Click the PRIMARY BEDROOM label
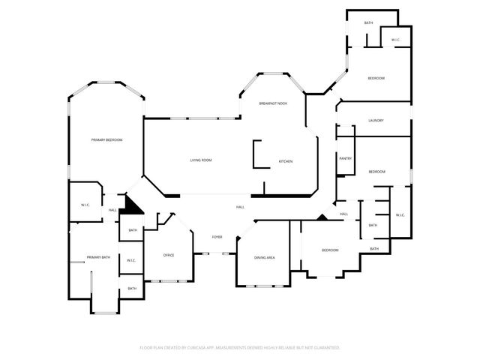107,140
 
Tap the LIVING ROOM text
200,160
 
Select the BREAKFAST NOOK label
273,103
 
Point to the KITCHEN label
285,162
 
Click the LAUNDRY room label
376,121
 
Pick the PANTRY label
345,158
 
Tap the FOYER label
217,237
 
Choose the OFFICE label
169,256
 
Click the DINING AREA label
264,258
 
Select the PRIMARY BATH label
98,257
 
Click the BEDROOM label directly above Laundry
376,79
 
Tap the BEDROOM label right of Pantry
376,172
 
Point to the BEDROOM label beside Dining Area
330,250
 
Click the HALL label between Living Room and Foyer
240,207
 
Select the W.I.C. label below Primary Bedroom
85,205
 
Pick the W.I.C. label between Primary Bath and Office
130,261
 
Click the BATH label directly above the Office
132,230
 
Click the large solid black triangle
133,205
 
